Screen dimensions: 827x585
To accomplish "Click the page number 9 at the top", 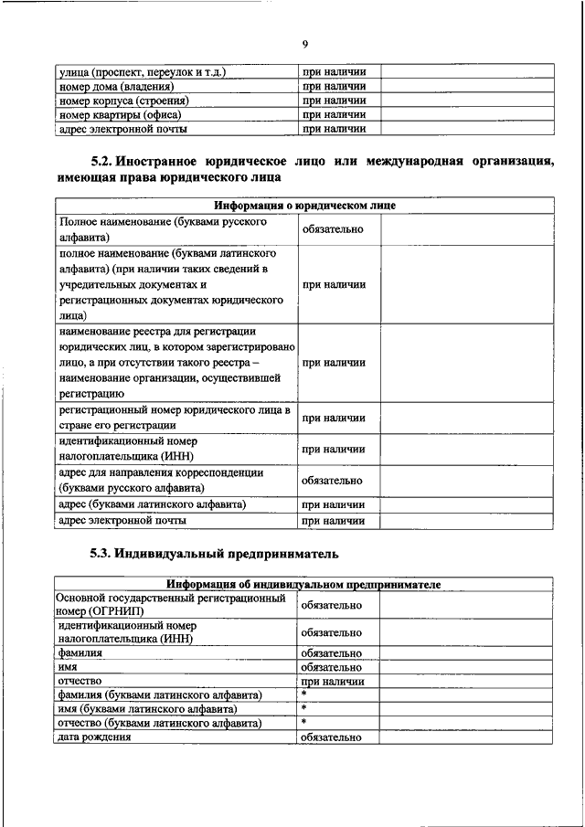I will point(304,43).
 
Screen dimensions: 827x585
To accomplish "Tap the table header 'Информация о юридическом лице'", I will point(304,207).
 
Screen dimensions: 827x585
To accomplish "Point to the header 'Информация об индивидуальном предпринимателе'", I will point(303,584).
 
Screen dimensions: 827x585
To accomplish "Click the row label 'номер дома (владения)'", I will point(116,85).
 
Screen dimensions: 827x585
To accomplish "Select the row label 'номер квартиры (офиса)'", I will point(120,115).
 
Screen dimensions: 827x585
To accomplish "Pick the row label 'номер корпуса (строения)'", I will point(123,101).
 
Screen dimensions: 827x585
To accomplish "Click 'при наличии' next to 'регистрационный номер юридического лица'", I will point(334,418).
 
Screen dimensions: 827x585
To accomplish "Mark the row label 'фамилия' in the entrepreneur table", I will point(80,653).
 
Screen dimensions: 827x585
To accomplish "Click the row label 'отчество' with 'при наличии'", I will point(80,682).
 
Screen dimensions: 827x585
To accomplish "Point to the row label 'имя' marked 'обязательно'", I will point(69,668).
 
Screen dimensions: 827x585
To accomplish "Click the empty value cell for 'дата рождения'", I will point(466,737).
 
